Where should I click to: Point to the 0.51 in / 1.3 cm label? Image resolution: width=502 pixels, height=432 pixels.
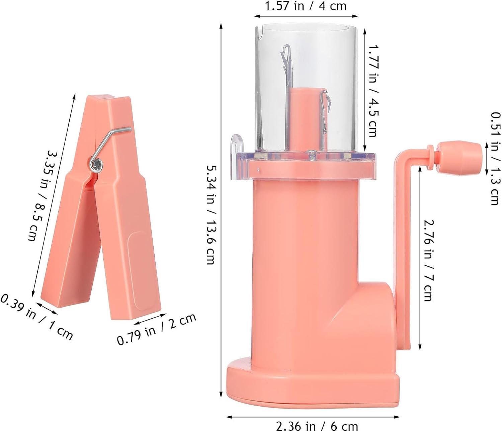tap(495, 158)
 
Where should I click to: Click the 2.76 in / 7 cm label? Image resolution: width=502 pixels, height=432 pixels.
tap(428, 261)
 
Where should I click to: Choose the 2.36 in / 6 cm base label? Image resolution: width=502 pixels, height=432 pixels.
tap(317, 426)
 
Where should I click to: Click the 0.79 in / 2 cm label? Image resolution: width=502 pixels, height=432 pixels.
tap(156, 329)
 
